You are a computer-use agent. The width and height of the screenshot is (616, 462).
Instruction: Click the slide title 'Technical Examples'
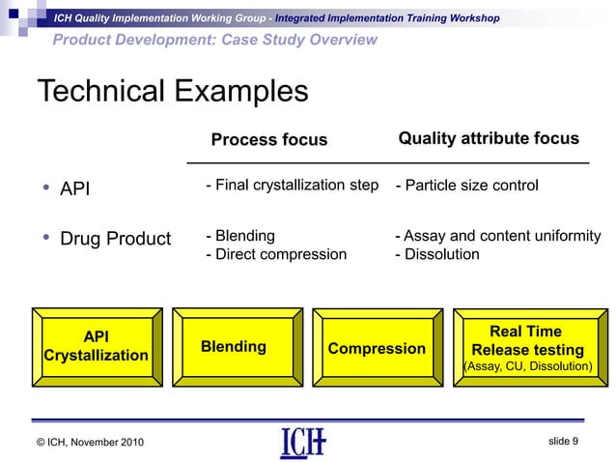pos(172,92)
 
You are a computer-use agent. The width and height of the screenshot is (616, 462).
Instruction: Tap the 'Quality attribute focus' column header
pos(489,139)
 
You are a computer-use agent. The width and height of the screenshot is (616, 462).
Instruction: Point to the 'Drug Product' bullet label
pos(115,239)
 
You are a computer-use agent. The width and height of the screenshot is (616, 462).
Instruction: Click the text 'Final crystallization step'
pos(295,186)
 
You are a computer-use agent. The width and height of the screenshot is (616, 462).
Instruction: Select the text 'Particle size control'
pos(471,186)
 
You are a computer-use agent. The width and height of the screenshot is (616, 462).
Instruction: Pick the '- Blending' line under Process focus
pos(240,236)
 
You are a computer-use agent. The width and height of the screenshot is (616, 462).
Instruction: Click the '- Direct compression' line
pos(276,254)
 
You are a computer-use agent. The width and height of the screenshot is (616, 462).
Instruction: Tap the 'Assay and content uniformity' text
pos(501,236)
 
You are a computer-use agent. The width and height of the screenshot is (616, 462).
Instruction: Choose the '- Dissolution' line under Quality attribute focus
pos(437,254)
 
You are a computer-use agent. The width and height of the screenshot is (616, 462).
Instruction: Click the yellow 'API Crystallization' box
pos(96,346)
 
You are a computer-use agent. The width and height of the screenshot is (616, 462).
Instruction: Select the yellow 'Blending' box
pos(234,347)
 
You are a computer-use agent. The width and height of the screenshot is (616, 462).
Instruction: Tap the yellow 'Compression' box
pos(377,348)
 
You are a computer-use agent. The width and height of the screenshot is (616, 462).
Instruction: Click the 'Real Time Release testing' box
pos(526,340)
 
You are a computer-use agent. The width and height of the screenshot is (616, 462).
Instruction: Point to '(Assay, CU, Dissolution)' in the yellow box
pos(527,366)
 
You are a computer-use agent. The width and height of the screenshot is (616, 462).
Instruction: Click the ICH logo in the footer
pos(302,442)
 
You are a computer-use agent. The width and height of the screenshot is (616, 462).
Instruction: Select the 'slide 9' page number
pos(563,441)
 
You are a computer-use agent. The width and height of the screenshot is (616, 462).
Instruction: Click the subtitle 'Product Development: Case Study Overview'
pos(214,40)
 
